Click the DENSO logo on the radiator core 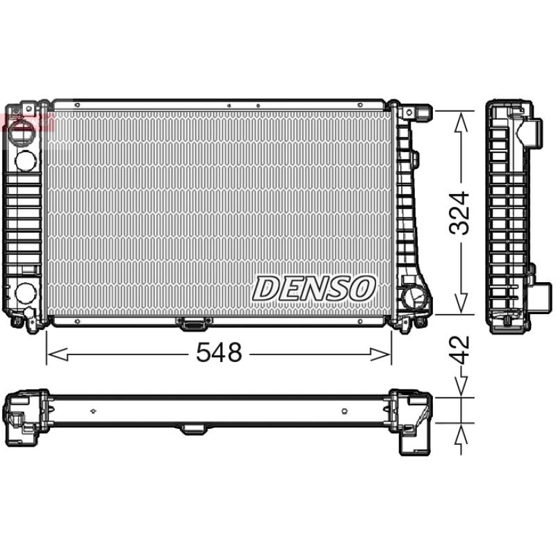click(x=314, y=288)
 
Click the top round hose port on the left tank click(x=26, y=160)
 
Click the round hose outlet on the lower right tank click(x=415, y=297)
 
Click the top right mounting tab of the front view click(x=423, y=111)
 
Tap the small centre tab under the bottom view click(x=194, y=429)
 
